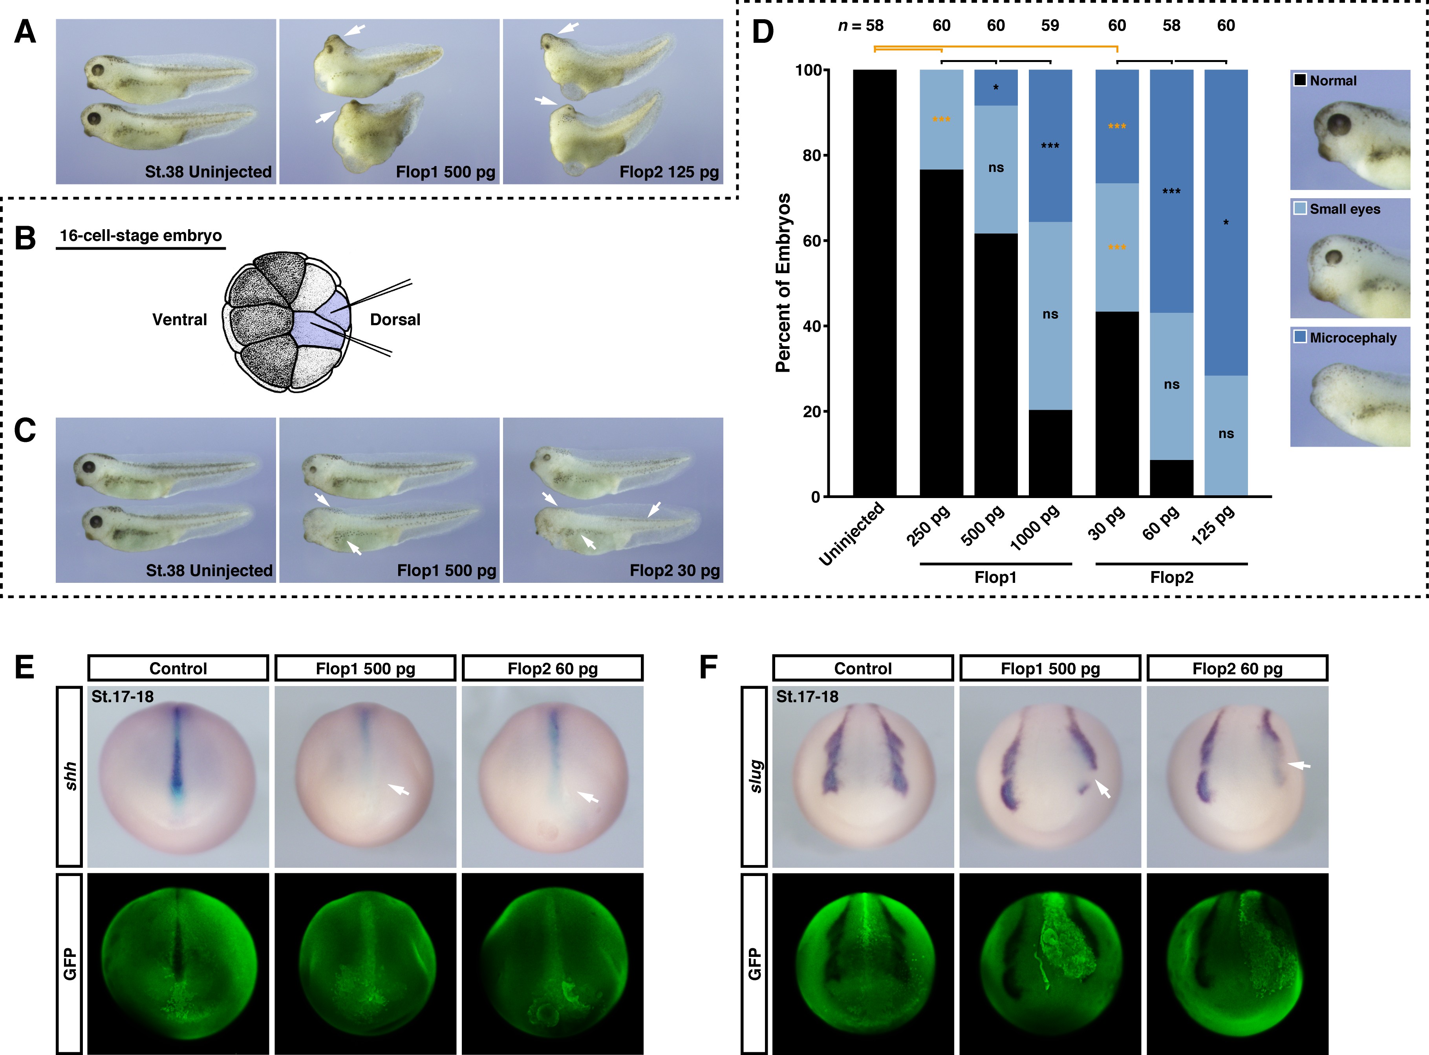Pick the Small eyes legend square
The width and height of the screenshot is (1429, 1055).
pos(1300,208)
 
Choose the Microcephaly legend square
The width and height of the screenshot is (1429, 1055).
pos(1300,336)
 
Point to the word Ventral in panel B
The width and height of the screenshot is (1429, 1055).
pos(179,319)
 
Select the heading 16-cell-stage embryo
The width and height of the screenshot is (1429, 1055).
pos(141,235)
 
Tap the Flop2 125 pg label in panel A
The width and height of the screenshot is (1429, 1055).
pos(669,172)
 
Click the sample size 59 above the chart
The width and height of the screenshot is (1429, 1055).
pos(1050,26)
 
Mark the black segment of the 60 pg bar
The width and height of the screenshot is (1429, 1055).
pos(1171,478)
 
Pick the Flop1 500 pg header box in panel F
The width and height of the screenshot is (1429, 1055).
pos(1050,669)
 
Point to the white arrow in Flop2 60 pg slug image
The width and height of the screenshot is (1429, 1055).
pos(1298,765)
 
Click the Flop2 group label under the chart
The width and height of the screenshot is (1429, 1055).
pos(1171,577)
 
